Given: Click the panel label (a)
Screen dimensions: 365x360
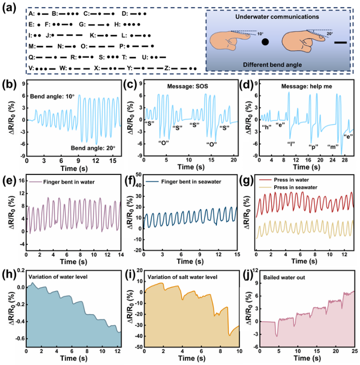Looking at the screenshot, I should pyautogui.click(x=9, y=6).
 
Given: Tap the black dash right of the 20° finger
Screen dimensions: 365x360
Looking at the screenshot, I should pyautogui.click(x=340, y=42).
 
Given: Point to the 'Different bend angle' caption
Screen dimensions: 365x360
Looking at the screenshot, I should pyautogui.click(x=279, y=65).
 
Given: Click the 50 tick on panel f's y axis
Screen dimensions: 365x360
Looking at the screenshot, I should pyautogui.click(x=138, y=176).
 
